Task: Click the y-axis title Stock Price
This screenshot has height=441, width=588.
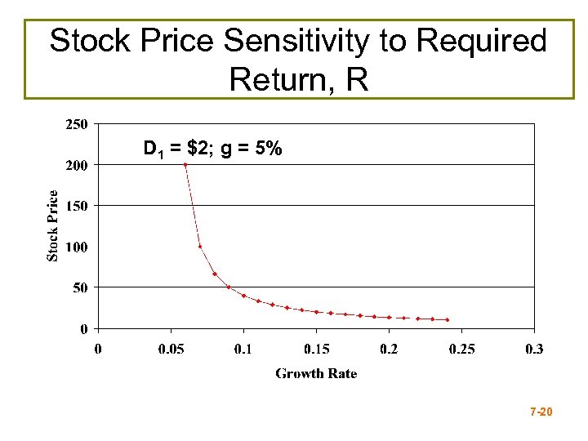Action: pyautogui.click(x=53, y=226)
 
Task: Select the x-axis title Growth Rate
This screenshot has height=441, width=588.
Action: pyautogui.click(x=316, y=373)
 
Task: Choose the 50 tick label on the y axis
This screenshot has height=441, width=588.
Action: pyautogui.click(x=81, y=287)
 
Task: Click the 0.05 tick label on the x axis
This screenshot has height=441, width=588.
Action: pyautogui.click(x=171, y=349)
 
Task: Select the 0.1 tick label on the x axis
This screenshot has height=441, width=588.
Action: pyautogui.click(x=243, y=349)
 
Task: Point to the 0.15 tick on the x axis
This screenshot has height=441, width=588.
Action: pyautogui.click(x=316, y=349)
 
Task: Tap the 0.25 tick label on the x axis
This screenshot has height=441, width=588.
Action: pyautogui.click(x=461, y=349)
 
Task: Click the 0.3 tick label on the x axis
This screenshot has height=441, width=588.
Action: pyautogui.click(x=534, y=349)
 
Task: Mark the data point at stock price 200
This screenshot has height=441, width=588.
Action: pyautogui.click(x=185, y=165)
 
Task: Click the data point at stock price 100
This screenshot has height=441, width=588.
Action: pyautogui.click(x=200, y=247)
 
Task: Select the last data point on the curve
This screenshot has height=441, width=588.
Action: pyautogui.click(x=448, y=320)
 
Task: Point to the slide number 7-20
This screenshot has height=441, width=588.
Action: pyautogui.click(x=541, y=413)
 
